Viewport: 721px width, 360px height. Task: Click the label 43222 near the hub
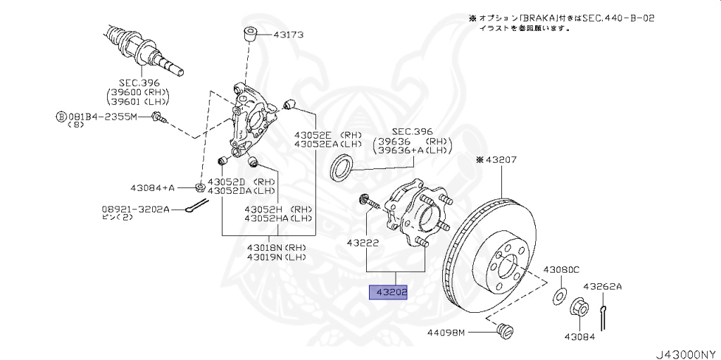(x=363, y=243)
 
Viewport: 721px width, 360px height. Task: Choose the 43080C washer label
(x=560, y=269)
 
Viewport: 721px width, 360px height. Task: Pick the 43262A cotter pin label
(x=603, y=286)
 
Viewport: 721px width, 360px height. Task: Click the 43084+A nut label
(x=152, y=187)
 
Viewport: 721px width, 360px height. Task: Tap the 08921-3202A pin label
(x=133, y=209)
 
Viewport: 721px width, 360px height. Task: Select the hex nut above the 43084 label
(x=577, y=308)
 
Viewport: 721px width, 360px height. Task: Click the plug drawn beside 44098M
(x=503, y=330)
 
